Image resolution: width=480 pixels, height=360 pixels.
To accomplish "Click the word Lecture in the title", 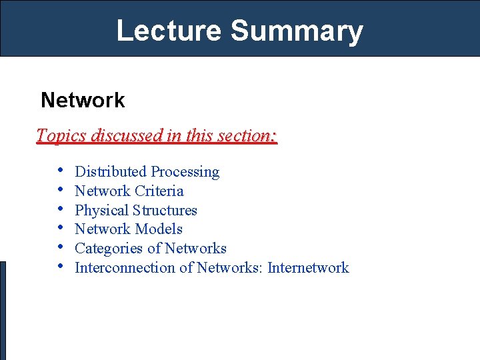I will coord(168,31).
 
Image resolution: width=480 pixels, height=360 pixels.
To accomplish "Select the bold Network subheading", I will coord(83,100).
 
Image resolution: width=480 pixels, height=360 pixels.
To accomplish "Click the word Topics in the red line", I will coord(61,136).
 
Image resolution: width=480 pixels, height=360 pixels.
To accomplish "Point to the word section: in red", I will coord(251,135).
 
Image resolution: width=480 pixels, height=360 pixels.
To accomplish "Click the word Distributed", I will coord(111,172).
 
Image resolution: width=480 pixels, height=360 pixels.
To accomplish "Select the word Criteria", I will coord(159,191).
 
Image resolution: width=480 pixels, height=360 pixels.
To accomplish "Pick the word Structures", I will coord(165,211).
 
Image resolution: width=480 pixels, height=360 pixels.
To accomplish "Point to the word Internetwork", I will coord(309,268).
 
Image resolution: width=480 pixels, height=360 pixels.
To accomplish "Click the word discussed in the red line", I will coord(126,135).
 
